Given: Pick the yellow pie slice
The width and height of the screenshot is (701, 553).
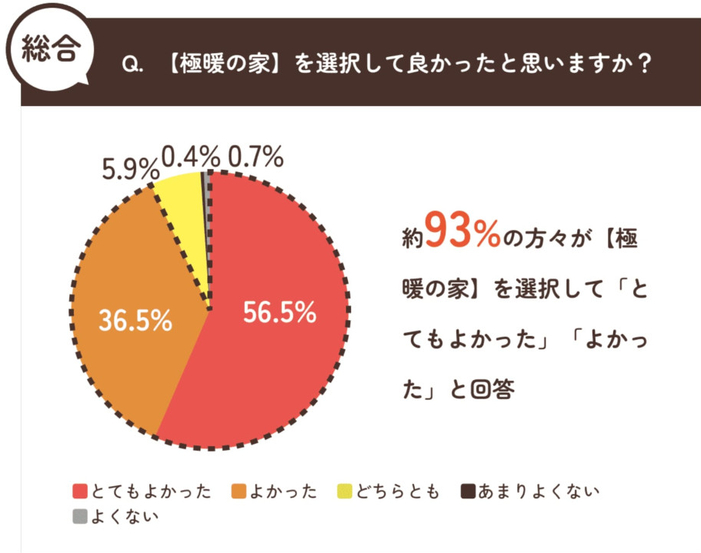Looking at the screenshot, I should click(x=182, y=197).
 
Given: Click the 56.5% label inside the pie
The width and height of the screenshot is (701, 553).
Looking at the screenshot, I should click(x=280, y=312).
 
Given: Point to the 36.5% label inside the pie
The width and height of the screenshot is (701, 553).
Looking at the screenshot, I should click(x=135, y=320).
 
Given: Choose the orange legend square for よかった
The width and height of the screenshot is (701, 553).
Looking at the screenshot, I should click(x=238, y=491).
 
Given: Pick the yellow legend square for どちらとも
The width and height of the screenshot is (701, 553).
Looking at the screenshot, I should click(x=345, y=491).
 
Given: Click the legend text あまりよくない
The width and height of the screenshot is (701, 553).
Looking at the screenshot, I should click(x=537, y=491).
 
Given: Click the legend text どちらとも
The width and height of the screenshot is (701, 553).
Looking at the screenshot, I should click(x=397, y=491).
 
